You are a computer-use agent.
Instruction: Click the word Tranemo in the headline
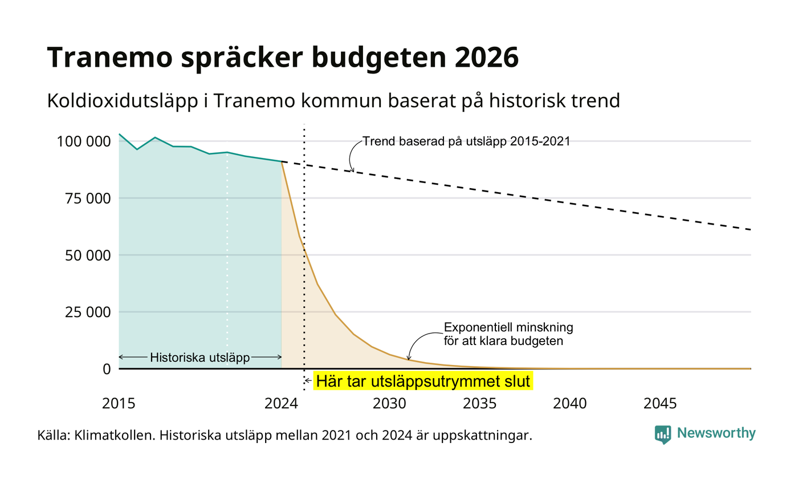pos(109,58)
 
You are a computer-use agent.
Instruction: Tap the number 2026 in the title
pos(486,58)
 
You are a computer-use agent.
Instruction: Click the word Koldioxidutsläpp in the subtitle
pos(122,101)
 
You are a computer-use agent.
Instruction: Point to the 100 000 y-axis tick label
pos(84,141)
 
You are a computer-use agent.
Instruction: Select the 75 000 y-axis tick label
pos(88,198)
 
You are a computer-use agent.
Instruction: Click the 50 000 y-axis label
pos(88,255)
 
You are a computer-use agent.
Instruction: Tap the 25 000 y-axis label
pos(88,312)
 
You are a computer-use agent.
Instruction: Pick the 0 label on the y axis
pos(107,370)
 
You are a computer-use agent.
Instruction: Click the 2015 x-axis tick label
pos(119,404)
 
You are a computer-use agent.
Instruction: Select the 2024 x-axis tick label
pos(281,404)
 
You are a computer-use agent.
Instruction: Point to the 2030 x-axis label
pos(389,404)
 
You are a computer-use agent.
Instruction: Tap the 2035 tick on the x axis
pos(479,404)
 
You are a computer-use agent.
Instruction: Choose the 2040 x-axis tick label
pos(569,404)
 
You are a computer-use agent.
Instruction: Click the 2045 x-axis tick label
pos(660,404)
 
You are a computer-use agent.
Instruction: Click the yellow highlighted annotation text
pos(423,381)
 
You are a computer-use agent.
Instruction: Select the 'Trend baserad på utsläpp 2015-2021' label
pos(466,141)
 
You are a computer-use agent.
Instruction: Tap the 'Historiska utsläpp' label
pos(200,358)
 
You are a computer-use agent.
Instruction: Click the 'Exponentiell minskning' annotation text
pos(508,327)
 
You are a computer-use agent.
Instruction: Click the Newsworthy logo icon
pos(662,435)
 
